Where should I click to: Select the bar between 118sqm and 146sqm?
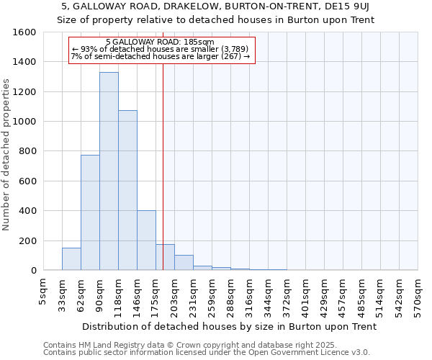[x=127, y=190]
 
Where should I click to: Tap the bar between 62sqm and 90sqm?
[x=90, y=212]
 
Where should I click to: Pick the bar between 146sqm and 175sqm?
[x=146, y=240]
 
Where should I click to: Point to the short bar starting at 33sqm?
[x=71, y=259]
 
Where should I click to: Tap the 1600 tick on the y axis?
[x=24, y=32]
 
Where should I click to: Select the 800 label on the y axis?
[x=27, y=151]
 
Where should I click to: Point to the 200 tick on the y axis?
[x=27, y=240]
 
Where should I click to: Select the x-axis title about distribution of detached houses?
[x=228, y=326]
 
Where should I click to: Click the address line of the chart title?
[x=215, y=6]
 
